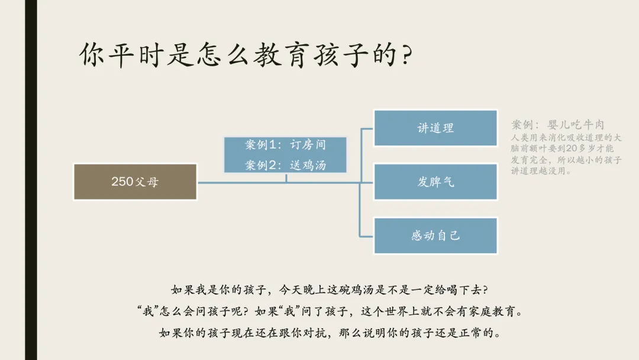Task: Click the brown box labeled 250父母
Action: [135, 182]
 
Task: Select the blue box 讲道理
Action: [435, 128]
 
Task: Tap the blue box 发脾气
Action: [435, 182]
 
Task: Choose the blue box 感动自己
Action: [435, 236]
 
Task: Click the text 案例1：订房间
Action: [285, 144]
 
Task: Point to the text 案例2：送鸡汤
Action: [285, 165]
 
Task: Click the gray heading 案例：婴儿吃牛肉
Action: [558, 124]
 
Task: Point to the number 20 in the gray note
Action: [572, 149]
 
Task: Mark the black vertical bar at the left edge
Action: [31, 180]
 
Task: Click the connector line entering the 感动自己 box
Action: [366, 236]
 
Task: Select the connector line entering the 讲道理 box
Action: [367, 129]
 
